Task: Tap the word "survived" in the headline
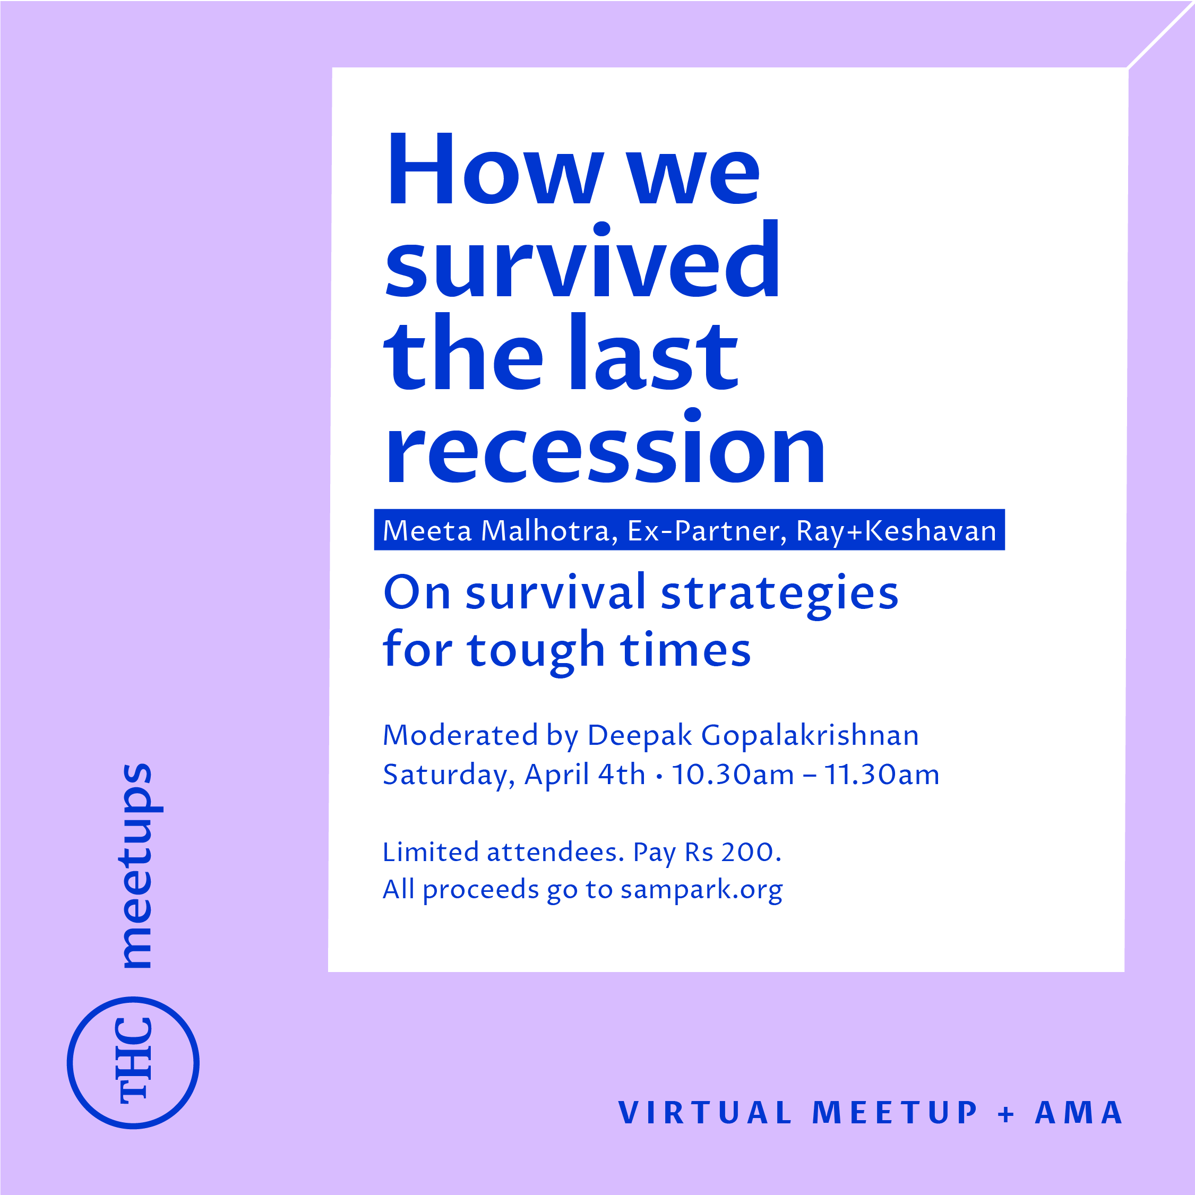pyautogui.click(x=582, y=259)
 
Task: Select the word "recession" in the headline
pyautogui.click(x=605, y=446)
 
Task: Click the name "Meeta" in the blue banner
pyautogui.click(x=427, y=531)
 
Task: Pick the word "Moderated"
pyautogui.click(x=460, y=735)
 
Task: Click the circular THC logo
pyautogui.click(x=133, y=1063)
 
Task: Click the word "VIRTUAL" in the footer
pyautogui.click(x=705, y=1113)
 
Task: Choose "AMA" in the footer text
pyautogui.click(x=1079, y=1113)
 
